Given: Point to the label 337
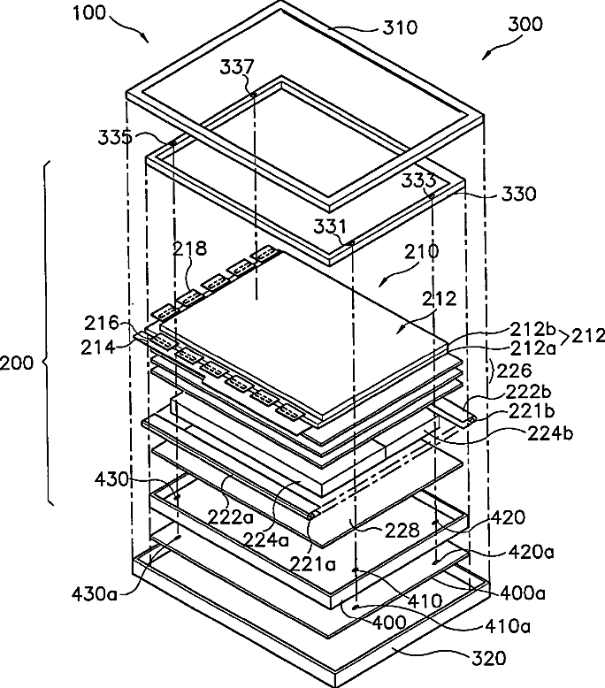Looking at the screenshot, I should pyautogui.click(x=238, y=67).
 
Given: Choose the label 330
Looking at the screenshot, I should pyautogui.click(x=517, y=195).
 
